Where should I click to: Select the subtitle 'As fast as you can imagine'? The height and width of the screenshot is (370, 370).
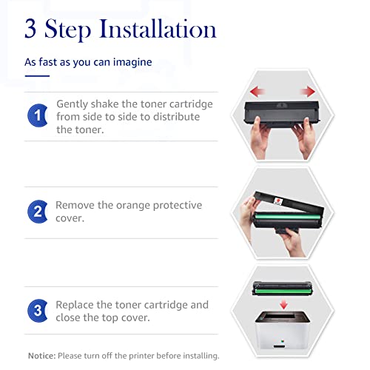(88, 62)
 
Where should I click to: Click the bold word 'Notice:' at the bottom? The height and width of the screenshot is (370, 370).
(41, 356)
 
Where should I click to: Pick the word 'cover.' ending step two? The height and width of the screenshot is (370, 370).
(72, 218)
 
